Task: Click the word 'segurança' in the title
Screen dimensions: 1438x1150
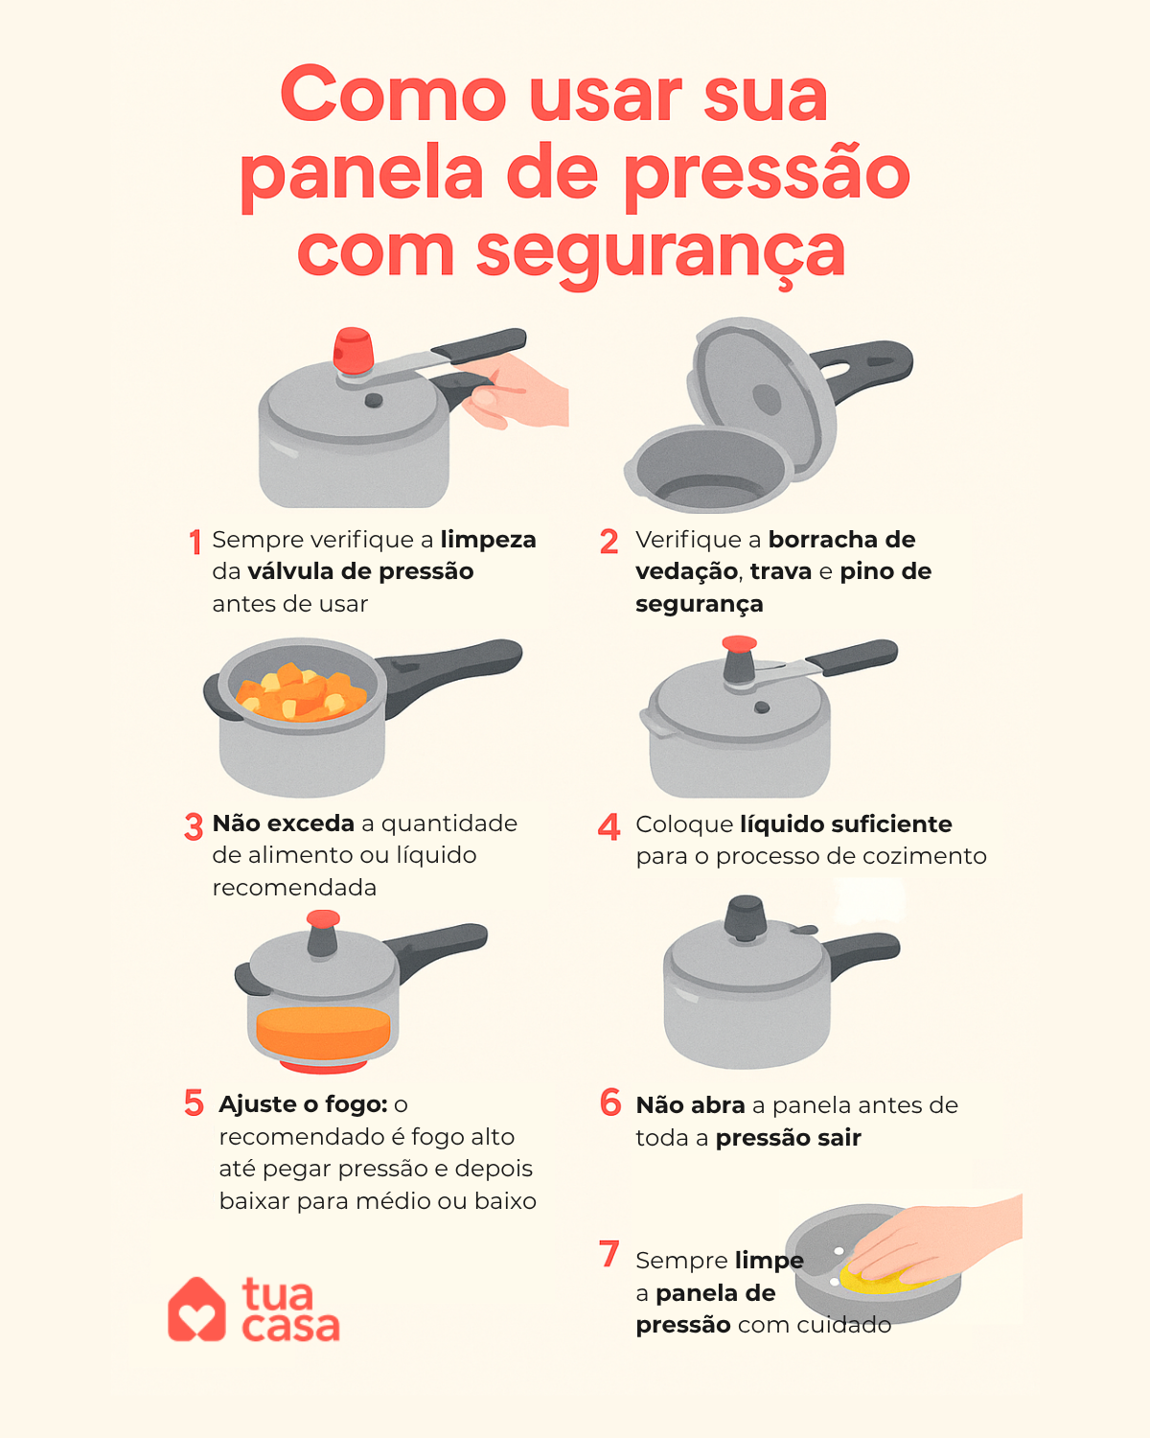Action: (660, 252)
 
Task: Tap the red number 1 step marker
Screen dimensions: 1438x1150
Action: (195, 542)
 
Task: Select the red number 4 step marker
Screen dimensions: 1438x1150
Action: (609, 826)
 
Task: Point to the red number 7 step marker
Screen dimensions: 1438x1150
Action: (609, 1253)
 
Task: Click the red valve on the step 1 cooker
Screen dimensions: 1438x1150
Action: (353, 351)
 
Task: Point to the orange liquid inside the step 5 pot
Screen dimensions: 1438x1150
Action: (323, 1032)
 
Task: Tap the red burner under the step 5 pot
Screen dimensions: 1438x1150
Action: (323, 1066)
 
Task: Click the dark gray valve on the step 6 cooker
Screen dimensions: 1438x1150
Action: (745, 919)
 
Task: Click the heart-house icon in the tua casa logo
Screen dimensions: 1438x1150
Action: (196, 1310)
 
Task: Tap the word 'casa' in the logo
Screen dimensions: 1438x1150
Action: (290, 1327)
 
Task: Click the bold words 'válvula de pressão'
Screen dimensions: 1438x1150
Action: (360, 571)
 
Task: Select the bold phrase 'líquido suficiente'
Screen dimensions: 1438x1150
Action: (845, 824)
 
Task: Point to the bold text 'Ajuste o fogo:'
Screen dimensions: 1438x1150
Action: (303, 1104)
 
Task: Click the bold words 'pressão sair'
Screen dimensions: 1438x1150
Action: (788, 1138)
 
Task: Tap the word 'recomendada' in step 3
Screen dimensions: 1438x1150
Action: (294, 888)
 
